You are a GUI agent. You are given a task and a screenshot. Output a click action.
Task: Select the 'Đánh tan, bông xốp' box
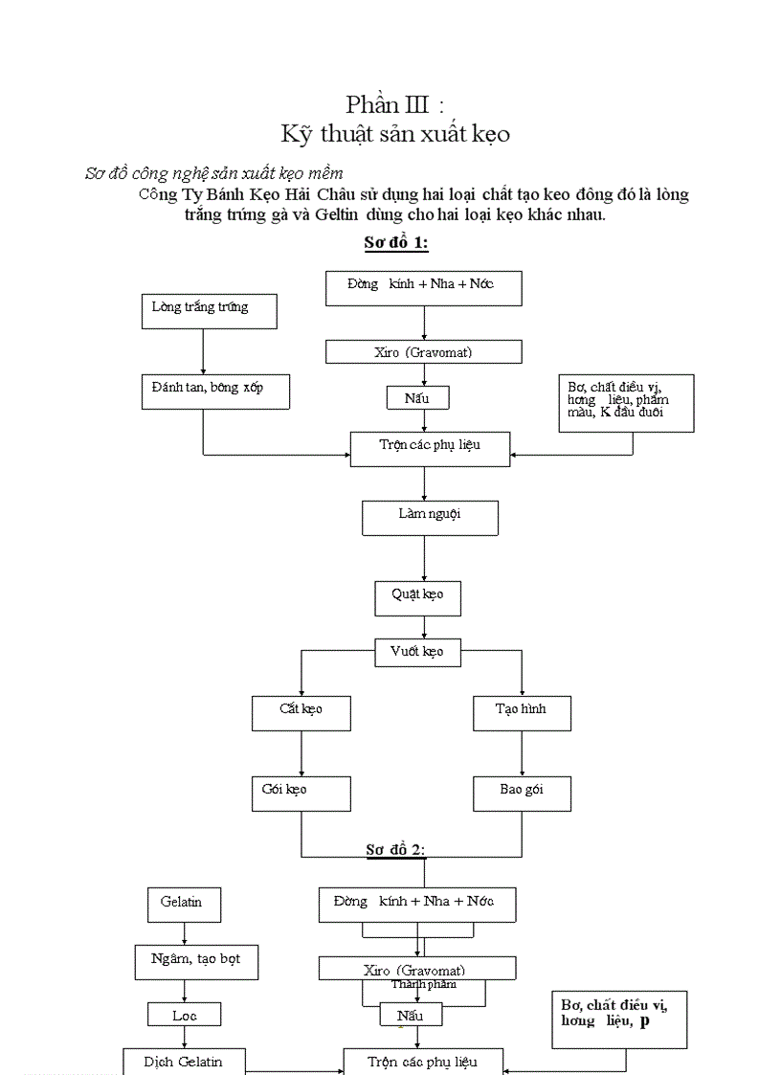click(215, 392)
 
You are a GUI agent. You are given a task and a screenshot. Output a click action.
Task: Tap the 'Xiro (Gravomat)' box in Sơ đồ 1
click(423, 352)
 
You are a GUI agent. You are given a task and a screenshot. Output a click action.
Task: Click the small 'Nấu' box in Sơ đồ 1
click(417, 397)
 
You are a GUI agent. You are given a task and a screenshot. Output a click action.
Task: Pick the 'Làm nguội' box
click(430, 517)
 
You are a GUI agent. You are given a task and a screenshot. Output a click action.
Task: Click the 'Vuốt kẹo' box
click(417, 653)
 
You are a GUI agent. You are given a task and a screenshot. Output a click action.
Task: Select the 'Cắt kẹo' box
click(301, 713)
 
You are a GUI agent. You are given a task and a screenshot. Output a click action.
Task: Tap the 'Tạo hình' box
click(522, 713)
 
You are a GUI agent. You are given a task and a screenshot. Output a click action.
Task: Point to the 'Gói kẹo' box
click(301, 794)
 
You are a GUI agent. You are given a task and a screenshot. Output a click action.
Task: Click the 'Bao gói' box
click(522, 794)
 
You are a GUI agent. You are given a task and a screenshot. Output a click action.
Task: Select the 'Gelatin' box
click(182, 905)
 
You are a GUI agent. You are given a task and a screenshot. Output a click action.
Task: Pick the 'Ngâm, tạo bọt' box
click(196, 962)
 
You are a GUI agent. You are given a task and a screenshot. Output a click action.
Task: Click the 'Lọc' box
click(185, 1015)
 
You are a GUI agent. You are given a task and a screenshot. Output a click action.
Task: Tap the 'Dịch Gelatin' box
click(184, 1063)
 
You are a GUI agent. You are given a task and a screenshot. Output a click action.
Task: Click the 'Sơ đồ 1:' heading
click(396, 243)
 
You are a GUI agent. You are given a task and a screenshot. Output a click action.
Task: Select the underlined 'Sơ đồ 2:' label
click(395, 849)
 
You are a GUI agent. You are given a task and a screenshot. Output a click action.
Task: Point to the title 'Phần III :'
click(394, 104)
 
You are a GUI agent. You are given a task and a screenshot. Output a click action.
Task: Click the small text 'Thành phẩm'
click(424, 984)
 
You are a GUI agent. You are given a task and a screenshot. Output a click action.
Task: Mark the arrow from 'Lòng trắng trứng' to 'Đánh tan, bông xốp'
click(203, 352)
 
